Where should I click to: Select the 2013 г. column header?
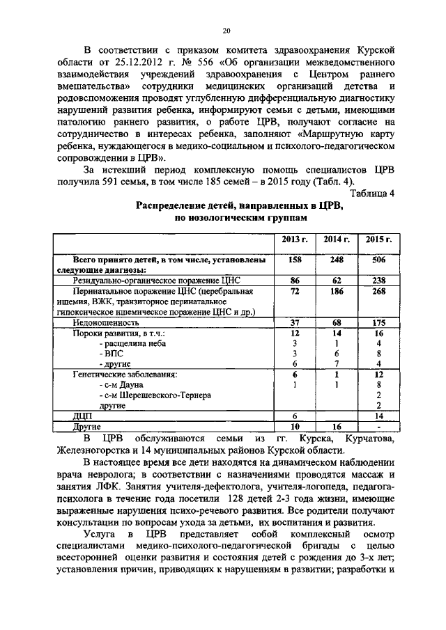coord(294,239)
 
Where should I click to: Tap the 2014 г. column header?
coord(337,239)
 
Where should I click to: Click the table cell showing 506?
coord(378,260)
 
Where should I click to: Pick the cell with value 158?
coord(294,260)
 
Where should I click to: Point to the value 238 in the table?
coord(378,280)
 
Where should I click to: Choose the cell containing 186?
coord(337,292)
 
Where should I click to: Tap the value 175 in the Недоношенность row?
coord(378,322)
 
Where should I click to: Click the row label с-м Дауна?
coord(123,384)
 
